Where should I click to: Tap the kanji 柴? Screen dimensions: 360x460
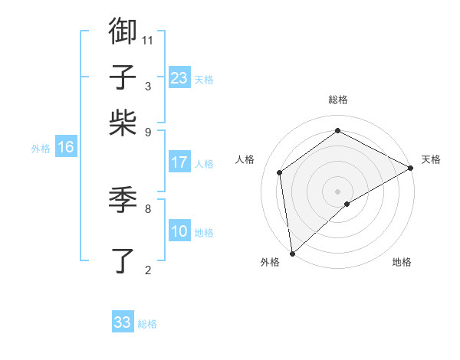[x=123, y=122]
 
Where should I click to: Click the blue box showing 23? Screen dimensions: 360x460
[x=179, y=78]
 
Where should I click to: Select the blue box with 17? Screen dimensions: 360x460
[x=179, y=162]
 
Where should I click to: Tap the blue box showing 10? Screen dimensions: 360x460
[x=179, y=231]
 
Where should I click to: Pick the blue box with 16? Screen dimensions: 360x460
[x=66, y=147]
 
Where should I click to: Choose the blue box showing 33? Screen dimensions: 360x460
[x=123, y=322]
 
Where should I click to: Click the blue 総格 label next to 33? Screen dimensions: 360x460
[x=148, y=324]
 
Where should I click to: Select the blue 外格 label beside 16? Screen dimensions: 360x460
[x=41, y=149]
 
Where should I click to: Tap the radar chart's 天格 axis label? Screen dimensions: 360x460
[x=431, y=159]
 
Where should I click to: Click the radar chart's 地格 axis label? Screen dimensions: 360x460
[x=402, y=263]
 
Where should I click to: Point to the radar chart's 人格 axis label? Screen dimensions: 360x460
[x=245, y=159]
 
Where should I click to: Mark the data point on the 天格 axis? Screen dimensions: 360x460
[x=411, y=168]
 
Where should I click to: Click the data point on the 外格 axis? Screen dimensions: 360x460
[x=292, y=254]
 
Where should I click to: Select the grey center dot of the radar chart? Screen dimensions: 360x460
[x=338, y=191]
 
